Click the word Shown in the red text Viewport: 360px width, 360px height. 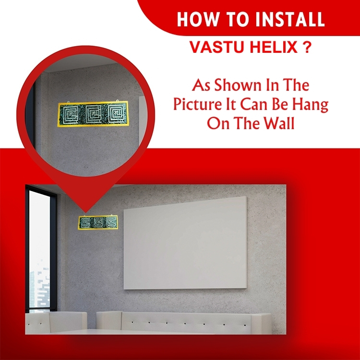pyautogui.click(x=238, y=85)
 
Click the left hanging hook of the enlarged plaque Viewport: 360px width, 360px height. pyautogui.click(x=69, y=102)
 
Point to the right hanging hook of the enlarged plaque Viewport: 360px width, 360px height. pyautogui.click(x=117, y=101)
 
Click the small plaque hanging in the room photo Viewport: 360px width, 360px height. pyautogui.click(x=98, y=222)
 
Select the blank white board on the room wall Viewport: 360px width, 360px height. pyautogui.click(x=185, y=243)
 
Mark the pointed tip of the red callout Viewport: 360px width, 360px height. pyautogui.click(x=85, y=213)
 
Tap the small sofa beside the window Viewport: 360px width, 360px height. pyautogui.click(x=56, y=323)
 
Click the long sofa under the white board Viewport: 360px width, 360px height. pyautogui.click(x=184, y=323)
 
